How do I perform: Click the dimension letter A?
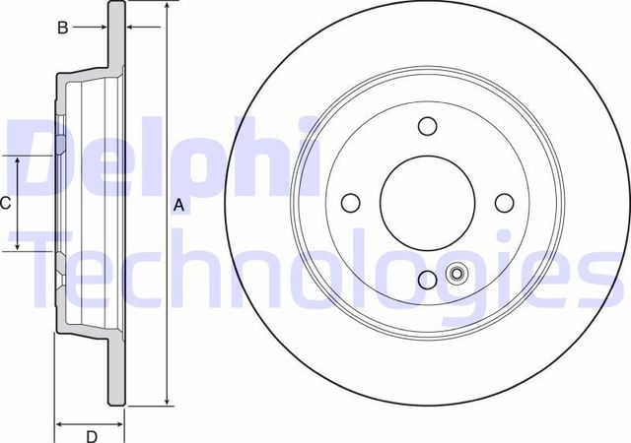178,205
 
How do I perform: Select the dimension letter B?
62,28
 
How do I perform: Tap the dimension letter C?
6,204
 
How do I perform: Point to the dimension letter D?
90,436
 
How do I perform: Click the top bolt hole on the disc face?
427,126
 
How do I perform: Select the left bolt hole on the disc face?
349,203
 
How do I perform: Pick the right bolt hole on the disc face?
505,203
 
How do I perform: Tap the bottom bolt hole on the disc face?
427,281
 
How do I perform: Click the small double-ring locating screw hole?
456,275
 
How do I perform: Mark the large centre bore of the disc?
427,203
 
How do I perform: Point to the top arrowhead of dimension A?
167,7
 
